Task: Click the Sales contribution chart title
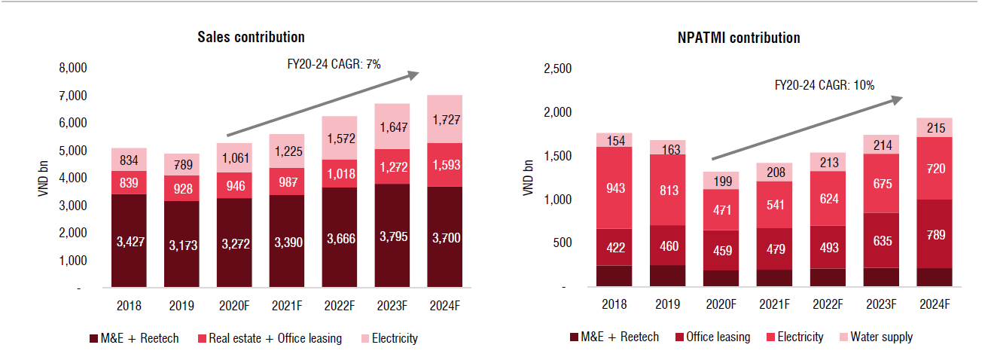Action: pos(251,37)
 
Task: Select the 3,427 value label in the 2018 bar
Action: pos(130,242)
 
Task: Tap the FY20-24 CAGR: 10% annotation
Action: pos(825,86)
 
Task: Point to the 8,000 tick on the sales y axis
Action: pos(72,69)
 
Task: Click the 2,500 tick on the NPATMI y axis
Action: pos(558,69)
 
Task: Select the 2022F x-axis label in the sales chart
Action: pos(340,306)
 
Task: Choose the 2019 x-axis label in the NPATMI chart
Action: pos(666,304)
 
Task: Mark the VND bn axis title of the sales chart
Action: pos(43,178)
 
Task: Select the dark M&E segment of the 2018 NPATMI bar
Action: pos(614,276)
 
